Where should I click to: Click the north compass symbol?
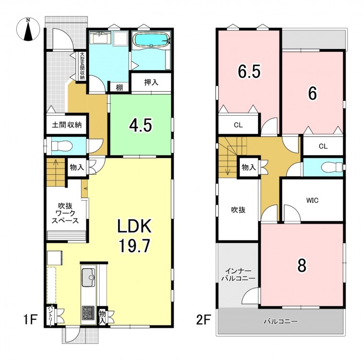[28, 30]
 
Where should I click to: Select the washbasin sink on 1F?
[100, 37]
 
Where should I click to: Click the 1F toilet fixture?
[62, 146]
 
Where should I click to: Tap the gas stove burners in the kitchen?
[88, 313]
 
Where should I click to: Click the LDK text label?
[134, 226]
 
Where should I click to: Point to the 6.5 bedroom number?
[249, 72]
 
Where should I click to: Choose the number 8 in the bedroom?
[302, 265]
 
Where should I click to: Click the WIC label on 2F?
[313, 200]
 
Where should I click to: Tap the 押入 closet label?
[152, 82]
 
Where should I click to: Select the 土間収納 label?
[67, 125]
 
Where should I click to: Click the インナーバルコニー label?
[238, 275]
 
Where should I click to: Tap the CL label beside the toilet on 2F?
[323, 146]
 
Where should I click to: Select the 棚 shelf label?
[119, 87]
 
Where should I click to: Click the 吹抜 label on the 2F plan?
[238, 210]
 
